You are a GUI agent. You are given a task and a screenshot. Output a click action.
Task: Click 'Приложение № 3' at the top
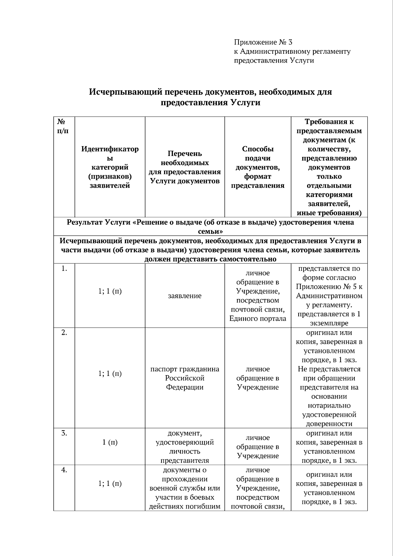tap(263, 42)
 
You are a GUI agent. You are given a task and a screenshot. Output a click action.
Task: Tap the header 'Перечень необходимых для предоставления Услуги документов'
tap(185, 167)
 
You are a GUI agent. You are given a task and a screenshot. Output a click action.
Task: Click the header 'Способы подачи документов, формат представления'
tap(258, 167)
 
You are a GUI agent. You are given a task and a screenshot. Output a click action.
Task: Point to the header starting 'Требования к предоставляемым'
tap(329, 126)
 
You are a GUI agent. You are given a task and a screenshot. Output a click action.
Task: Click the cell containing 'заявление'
tap(185, 296)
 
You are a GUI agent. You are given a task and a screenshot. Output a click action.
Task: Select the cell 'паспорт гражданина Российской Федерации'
tap(185, 378)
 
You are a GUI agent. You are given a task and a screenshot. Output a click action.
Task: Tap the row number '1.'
tap(64, 269)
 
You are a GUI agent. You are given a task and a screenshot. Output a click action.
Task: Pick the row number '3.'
tap(64, 433)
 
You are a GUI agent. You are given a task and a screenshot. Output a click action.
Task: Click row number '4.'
tap(64, 470)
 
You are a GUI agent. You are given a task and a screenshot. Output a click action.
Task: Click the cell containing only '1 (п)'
tap(110, 442)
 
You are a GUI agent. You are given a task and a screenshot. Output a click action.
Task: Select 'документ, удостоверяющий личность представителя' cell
tap(185, 447)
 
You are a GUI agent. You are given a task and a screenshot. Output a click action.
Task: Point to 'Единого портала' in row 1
tap(258, 318)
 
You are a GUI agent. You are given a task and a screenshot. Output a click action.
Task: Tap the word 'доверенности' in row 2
tap(329, 424)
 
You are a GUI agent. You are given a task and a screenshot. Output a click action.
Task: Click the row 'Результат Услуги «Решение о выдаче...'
tap(210, 227)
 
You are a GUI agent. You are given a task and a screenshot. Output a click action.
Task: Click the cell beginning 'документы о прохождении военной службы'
tap(185, 488)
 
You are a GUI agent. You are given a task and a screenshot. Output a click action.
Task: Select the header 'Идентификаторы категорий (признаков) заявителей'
tap(110, 167)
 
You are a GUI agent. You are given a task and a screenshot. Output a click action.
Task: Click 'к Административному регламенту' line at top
tap(292, 51)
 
